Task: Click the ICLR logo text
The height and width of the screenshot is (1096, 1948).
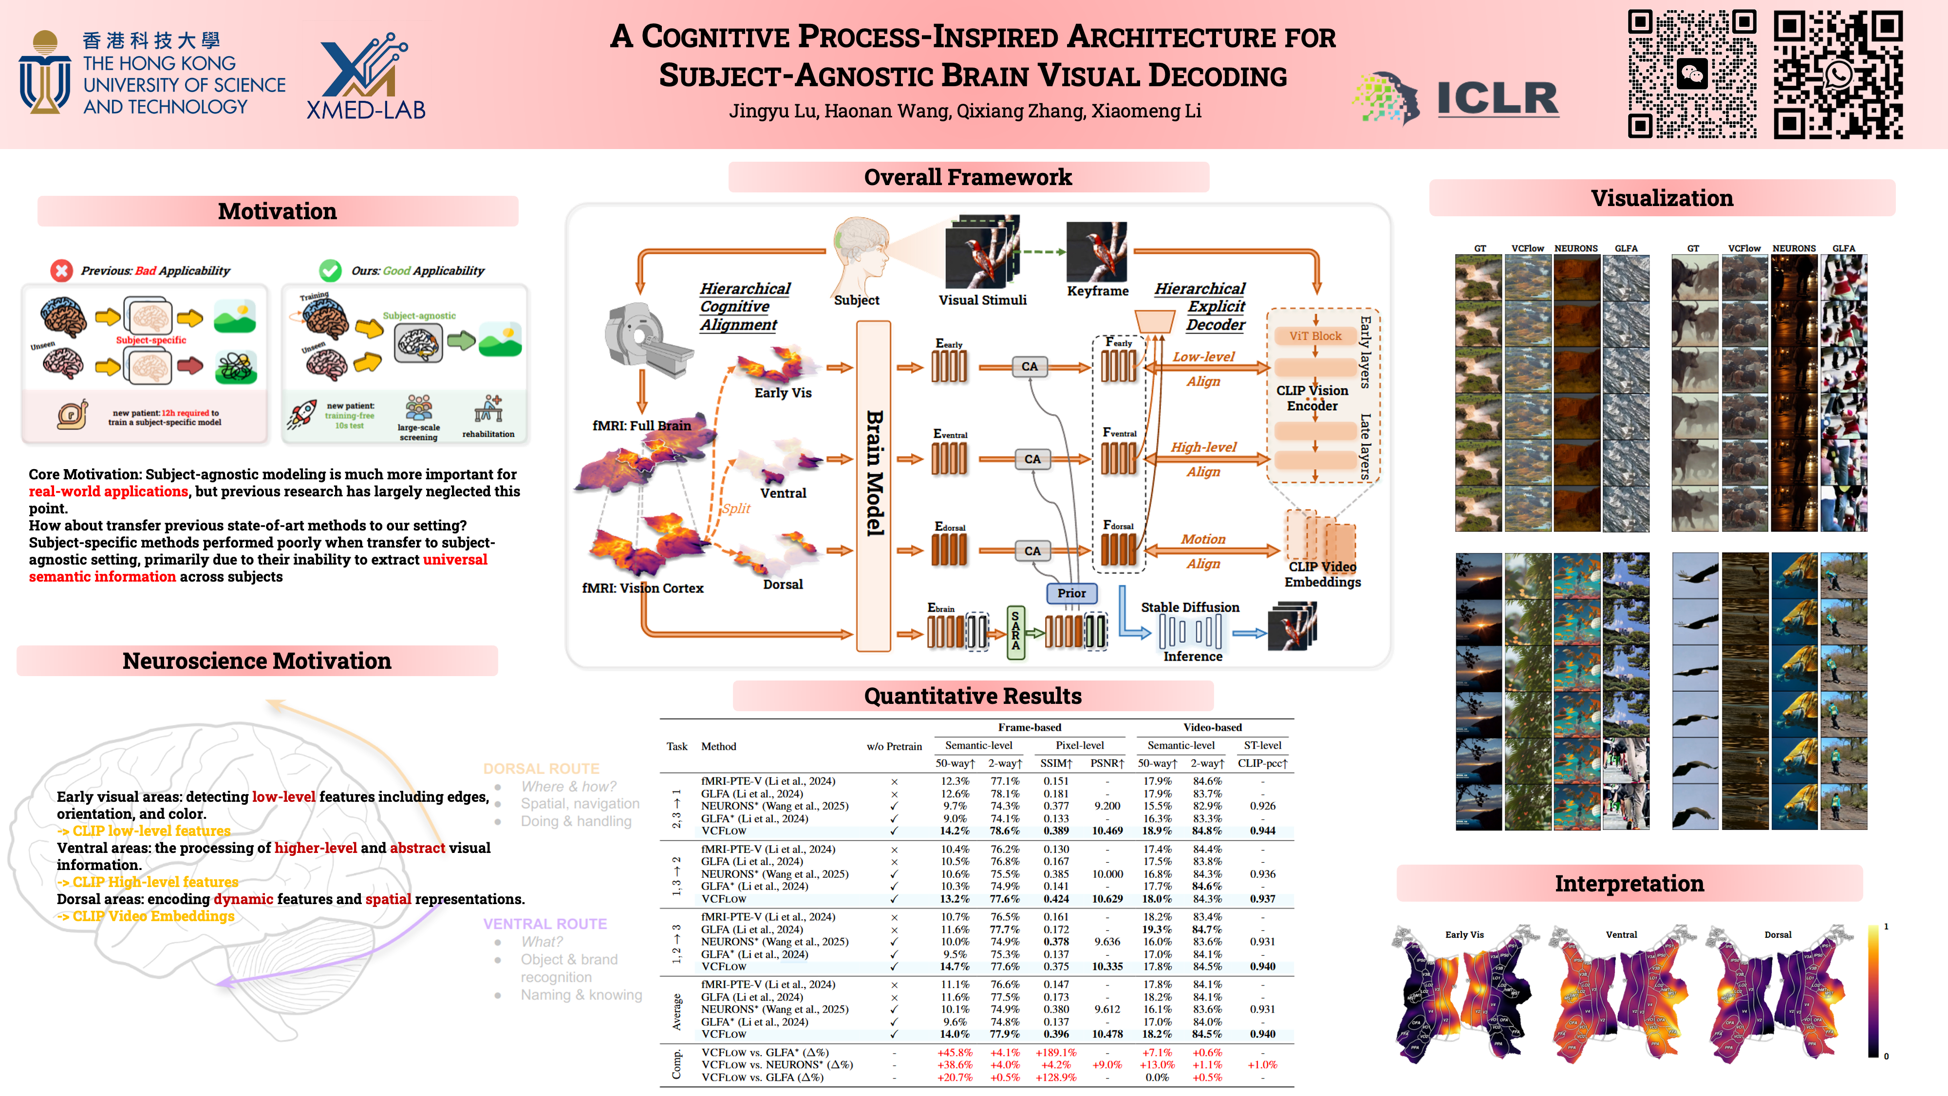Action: pyautogui.click(x=1498, y=99)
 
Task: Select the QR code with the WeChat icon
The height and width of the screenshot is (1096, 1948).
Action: pyautogui.click(x=1692, y=74)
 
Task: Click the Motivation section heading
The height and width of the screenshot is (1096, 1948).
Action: pyautogui.click(x=278, y=211)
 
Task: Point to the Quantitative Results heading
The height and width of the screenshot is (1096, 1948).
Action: pyautogui.click(x=973, y=695)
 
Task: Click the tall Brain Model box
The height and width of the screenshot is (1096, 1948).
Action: pyautogui.click(x=873, y=484)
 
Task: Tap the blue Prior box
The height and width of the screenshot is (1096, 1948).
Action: pyautogui.click(x=1071, y=593)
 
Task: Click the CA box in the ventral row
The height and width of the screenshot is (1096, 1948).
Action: pyautogui.click(x=1032, y=459)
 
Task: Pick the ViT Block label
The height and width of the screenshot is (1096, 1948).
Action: pyautogui.click(x=1315, y=336)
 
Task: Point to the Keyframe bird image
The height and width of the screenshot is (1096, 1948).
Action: pyautogui.click(x=1097, y=252)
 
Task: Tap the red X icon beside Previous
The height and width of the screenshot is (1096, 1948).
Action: pyautogui.click(x=61, y=270)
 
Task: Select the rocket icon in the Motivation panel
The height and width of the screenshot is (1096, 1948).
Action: pyautogui.click(x=302, y=415)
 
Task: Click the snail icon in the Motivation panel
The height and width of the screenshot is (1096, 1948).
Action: pyautogui.click(x=73, y=415)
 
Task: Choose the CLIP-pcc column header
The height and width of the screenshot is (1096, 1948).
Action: pyautogui.click(x=1262, y=763)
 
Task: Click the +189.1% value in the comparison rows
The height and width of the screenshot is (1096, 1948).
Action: pyautogui.click(x=1056, y=1052)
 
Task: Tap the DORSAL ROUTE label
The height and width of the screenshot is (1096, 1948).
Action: pyautogui.click(x=542, y=769)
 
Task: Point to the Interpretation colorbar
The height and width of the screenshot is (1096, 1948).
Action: pyautogui.click(x=1873, y=990)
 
